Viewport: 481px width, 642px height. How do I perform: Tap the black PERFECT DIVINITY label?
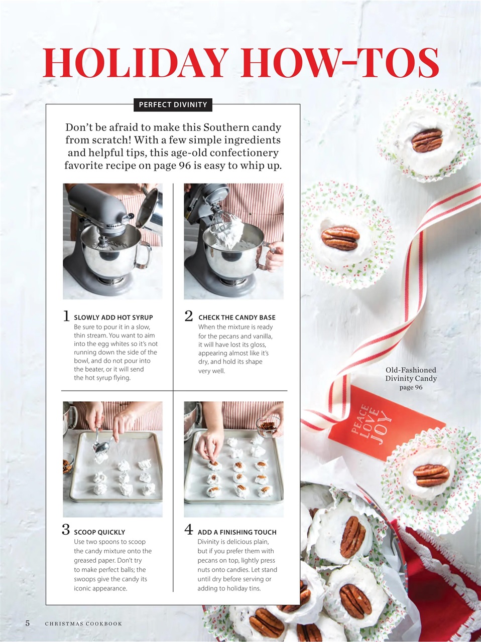173,105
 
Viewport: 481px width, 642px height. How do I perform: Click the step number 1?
66,316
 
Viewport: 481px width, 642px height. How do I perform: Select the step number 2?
189,316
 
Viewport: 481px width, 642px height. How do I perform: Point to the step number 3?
66,530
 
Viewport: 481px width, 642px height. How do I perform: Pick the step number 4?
189,530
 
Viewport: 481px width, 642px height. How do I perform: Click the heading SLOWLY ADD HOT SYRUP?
113,317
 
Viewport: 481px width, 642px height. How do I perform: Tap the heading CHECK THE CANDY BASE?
236,317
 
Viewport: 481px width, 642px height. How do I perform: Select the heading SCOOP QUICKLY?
99,532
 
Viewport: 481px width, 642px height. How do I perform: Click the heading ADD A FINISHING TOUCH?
237,532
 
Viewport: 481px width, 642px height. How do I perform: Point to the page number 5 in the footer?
28,623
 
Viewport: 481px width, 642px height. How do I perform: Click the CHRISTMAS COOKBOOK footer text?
83,623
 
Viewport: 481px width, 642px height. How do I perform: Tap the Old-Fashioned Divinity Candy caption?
411,378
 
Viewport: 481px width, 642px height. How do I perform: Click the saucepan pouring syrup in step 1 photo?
152,206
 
